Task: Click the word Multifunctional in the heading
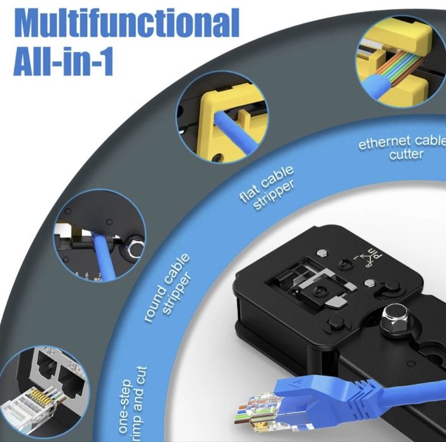point(126,23)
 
